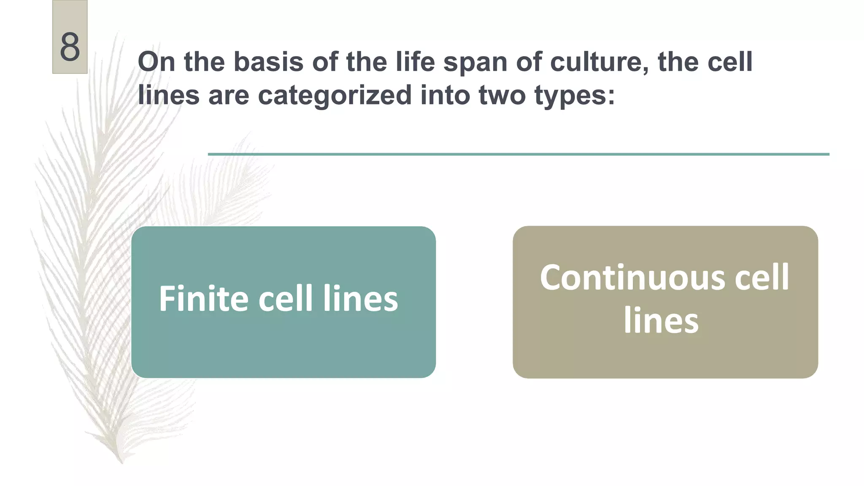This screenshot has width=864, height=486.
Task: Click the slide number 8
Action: pyautogui.click(x=70, y=47)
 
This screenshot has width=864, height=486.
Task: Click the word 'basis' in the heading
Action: pyautogui.click(x=268, y=62)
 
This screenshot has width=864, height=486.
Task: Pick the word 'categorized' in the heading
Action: pyautogui.click(x=335, y=95)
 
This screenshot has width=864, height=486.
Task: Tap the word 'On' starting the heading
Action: pyautogui.click(x=156, y=62)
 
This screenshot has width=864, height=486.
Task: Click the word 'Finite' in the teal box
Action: pyautogui.click(x=204, y=299)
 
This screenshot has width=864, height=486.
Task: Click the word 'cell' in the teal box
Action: pyautogui.click(x=286, y=299)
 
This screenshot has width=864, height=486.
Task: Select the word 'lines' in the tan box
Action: pyautogui.click(x=661, y=321)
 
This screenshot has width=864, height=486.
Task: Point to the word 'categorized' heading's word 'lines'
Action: pyautogui.click(x=168, y=95)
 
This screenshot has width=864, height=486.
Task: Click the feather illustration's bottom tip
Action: pyautogui.click(x=121, y=461)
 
